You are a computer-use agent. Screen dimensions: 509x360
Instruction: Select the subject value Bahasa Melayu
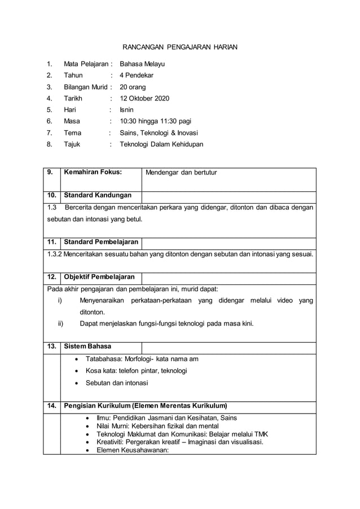(x=142, y=64)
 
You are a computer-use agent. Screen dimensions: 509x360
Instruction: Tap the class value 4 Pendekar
(x=137, y=75)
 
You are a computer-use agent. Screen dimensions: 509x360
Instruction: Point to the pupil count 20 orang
(x=133, y=87)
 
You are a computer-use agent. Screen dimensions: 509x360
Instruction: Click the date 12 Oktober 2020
(x=144, y=98)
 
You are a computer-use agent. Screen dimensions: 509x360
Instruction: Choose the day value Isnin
(x=127, y=109)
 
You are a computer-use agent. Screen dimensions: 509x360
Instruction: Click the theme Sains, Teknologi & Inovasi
(x=159, y=133)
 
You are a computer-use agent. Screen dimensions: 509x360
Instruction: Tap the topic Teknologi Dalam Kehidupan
(x=161, y=144)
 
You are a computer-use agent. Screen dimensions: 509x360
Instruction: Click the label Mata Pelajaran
(x=85, y=64)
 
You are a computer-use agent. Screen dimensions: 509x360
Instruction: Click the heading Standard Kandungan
(x=98, y=196)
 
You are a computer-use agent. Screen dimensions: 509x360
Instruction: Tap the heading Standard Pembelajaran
(x=102, y=242)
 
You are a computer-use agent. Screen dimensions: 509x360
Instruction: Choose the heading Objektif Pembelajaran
(x=99, y=277)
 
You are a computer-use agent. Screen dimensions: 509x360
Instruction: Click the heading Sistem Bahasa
(x=87, y=346)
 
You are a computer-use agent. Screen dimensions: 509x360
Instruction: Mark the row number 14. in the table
(x=51, y=405)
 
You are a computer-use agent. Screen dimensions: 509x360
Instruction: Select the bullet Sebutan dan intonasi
(x=117, y=383)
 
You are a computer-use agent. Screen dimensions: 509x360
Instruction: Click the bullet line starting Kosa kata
(x=136, y=371)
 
